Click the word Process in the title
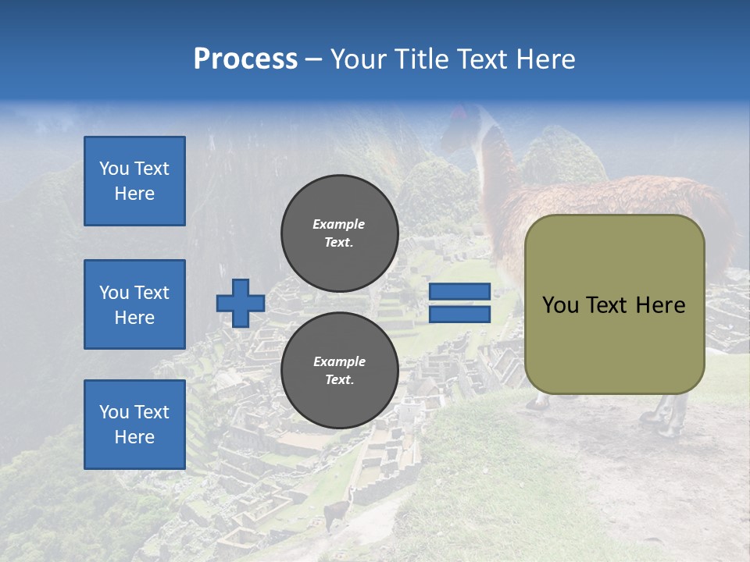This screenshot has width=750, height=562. [x=245, y=59]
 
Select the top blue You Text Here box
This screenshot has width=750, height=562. [x=134, y=181]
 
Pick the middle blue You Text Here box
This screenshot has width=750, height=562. [x=134, y=304]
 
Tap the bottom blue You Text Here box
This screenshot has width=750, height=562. [x=134, y=424]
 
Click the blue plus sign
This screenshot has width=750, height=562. [x=241, y=303]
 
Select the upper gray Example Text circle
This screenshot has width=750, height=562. [x=339, y=233]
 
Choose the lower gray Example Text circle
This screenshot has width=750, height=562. [x=339, y=371]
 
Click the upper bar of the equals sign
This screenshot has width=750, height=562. [x=459, y=292]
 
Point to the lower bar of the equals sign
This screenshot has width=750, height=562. [x=459, y=314]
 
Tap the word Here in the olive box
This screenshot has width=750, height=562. [x=661, y=305]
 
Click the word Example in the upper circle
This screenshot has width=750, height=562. [x=339, y=224]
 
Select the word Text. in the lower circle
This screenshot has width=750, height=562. [x=339, y=380]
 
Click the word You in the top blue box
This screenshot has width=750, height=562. [x=114, y=169]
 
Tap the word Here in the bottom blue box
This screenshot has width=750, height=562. [x=134, y=437]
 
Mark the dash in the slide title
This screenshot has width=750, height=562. [x=314, y=59]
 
